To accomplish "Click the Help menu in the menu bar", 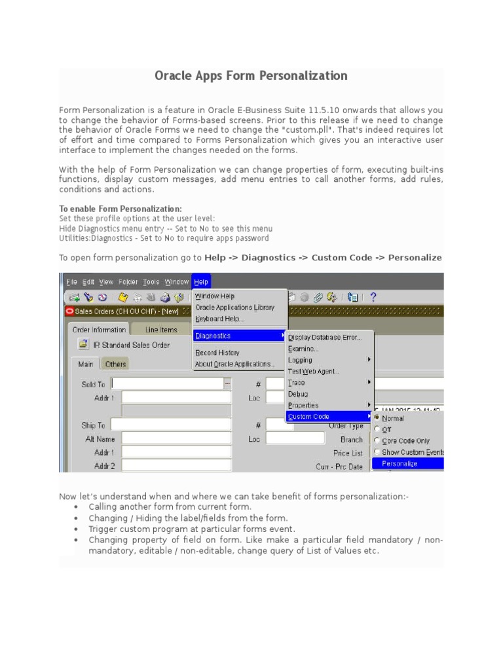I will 201,282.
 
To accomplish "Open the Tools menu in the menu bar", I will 151,282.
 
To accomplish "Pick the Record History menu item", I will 217,353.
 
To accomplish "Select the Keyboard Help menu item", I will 219,319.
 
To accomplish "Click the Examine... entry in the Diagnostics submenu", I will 303,349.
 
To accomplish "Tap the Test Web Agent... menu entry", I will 314,371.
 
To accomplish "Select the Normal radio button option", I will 393,418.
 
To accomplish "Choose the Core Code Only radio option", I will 405,441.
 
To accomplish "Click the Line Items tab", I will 161,330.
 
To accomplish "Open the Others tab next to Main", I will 116,364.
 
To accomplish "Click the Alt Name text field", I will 176,438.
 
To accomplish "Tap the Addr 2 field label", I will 104,466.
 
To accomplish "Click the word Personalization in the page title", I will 305,76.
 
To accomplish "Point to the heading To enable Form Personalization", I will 121,209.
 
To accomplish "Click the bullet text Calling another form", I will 170,506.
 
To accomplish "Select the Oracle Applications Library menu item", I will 234,308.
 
